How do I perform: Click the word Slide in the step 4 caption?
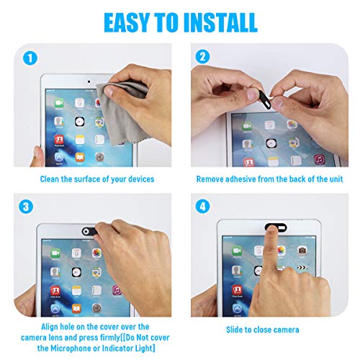click(x=239, y=330)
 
